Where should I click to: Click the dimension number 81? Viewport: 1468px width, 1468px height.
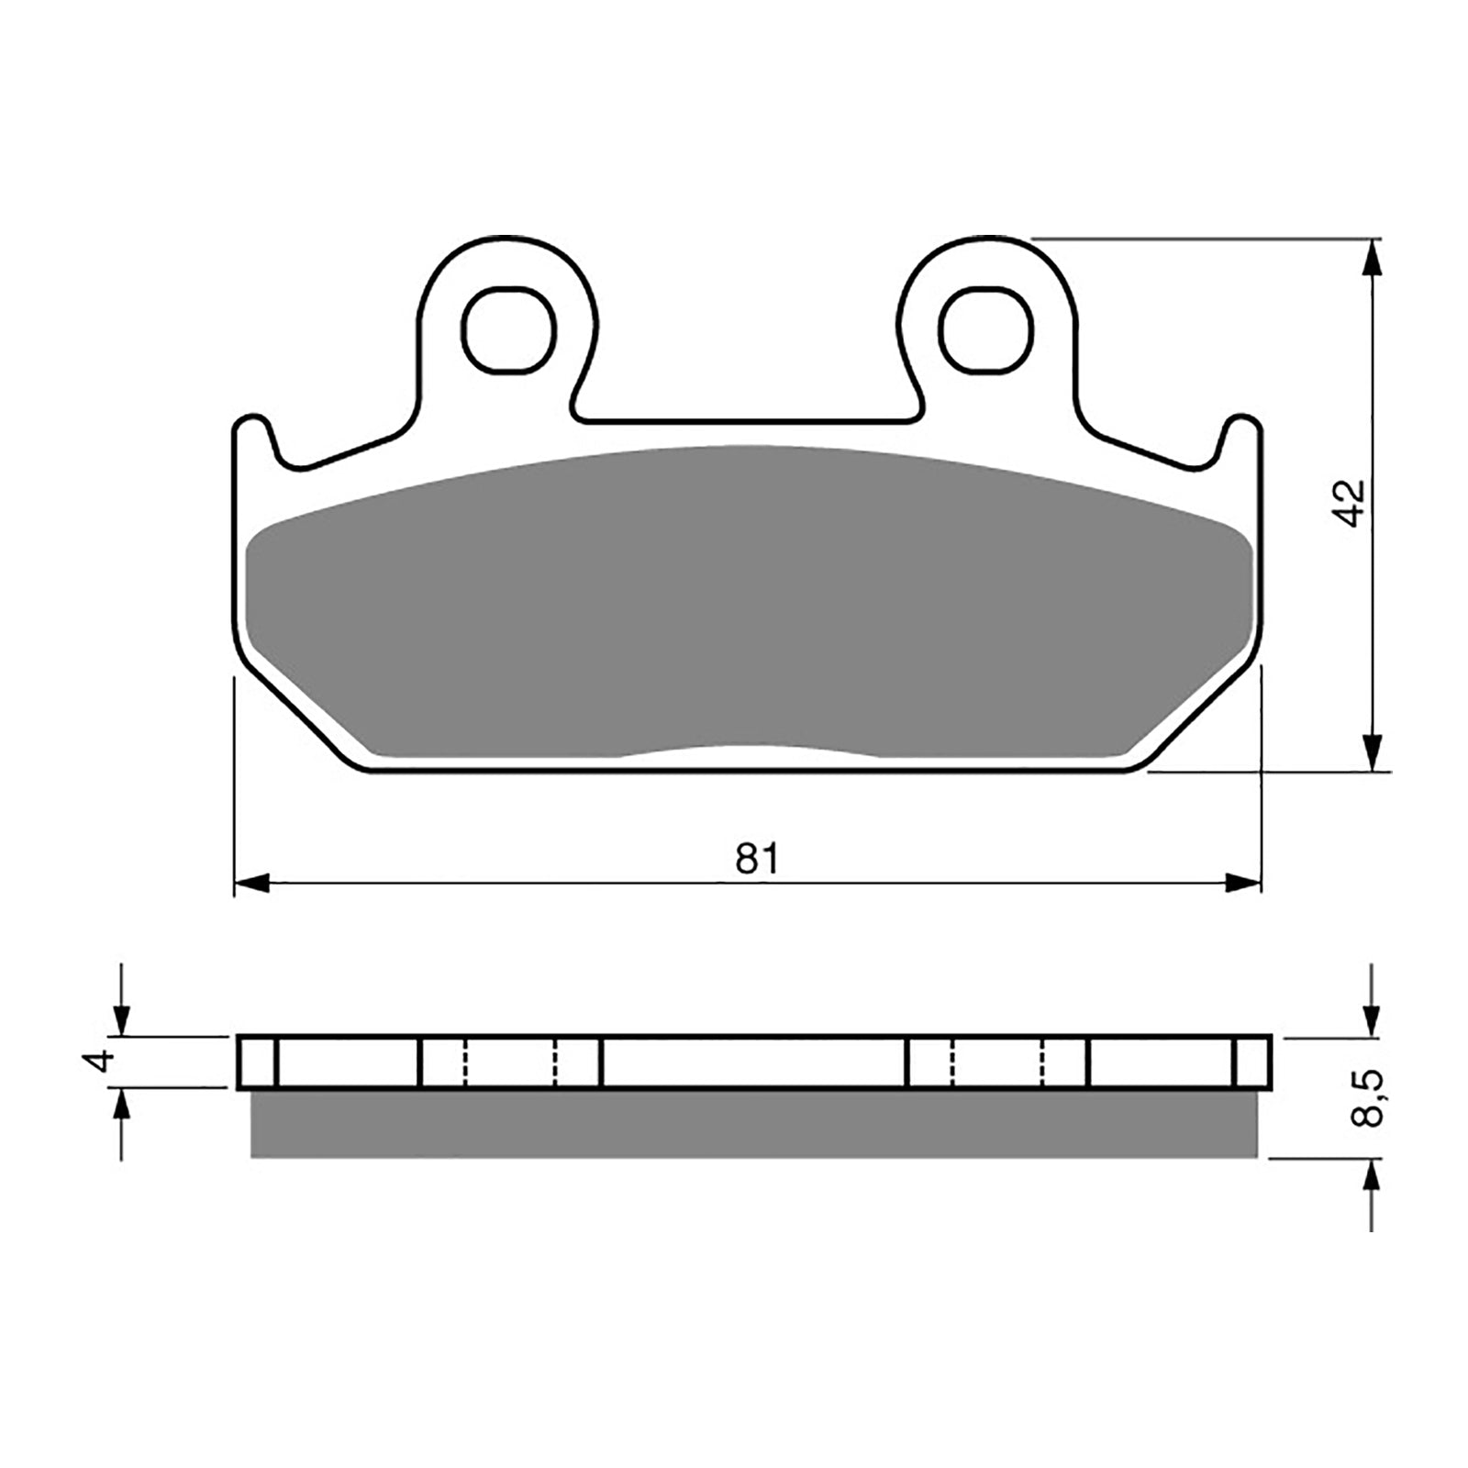coord(757,860)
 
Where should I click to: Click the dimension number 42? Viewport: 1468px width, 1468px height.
coord(1350,503)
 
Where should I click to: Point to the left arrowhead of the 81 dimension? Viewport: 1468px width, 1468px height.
coord(251,884)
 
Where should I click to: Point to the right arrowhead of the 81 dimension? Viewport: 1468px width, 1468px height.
coord(1244,884)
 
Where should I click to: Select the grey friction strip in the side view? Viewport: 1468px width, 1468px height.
coord(752,1124)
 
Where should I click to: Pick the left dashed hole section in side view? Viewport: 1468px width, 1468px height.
coord(510,1062)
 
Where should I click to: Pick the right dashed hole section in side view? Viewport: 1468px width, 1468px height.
coord(997,1062)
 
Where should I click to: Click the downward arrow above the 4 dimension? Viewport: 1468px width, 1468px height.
coord(121,1018)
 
